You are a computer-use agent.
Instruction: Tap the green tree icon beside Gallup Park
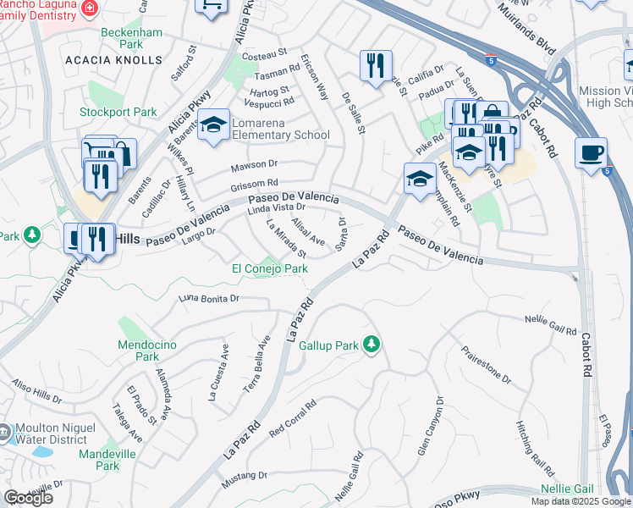(x=370, y=344)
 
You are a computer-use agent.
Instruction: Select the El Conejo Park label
(x=271, y=269)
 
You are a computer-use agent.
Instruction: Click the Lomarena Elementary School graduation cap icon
(x=214, y=124)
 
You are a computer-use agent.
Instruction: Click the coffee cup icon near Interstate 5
(x=591, y=152)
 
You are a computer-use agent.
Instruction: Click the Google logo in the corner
(x=28, y=498)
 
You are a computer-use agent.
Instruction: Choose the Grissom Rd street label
(x=255, y=184)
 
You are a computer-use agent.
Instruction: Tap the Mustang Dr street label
(x=244, y=480)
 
